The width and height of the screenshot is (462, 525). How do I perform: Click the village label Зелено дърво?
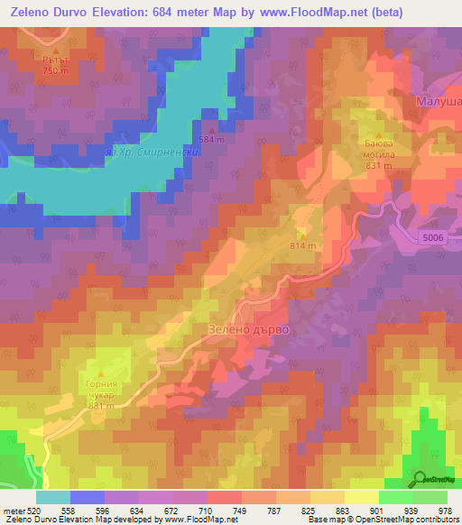click(249, 330)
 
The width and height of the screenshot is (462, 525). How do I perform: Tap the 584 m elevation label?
click(211, 140)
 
